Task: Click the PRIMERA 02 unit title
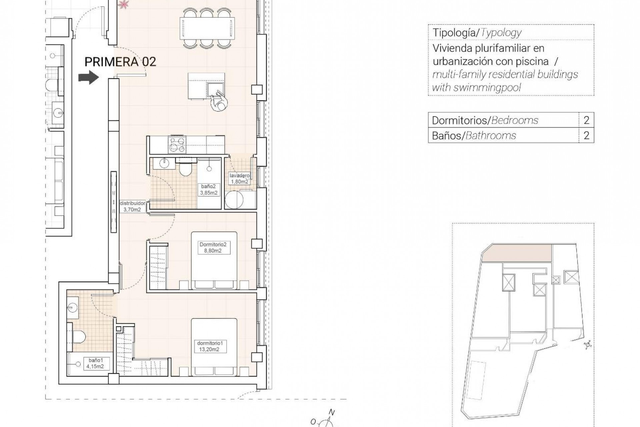(120, 62)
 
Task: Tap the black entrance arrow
(89, 77)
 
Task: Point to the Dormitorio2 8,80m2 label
(213, 248)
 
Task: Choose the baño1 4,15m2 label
(95, 363)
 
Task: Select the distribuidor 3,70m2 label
(132, 206)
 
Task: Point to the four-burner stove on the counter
(177, 144)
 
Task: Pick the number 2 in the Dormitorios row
(586, 120)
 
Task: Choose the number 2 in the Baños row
(586, 135)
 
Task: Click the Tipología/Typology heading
(477, 33)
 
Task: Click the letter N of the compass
(331, 412)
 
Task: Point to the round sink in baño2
(165, 163)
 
